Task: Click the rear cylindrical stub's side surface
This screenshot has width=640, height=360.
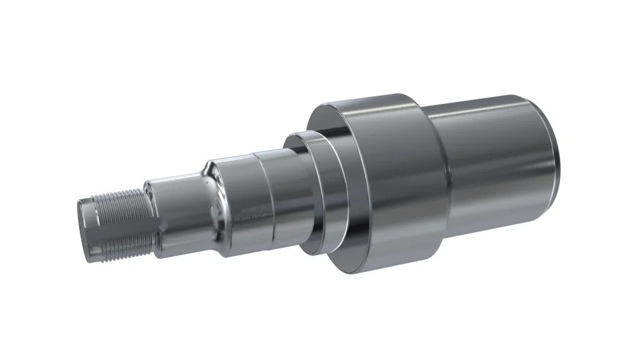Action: coord(494,162)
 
